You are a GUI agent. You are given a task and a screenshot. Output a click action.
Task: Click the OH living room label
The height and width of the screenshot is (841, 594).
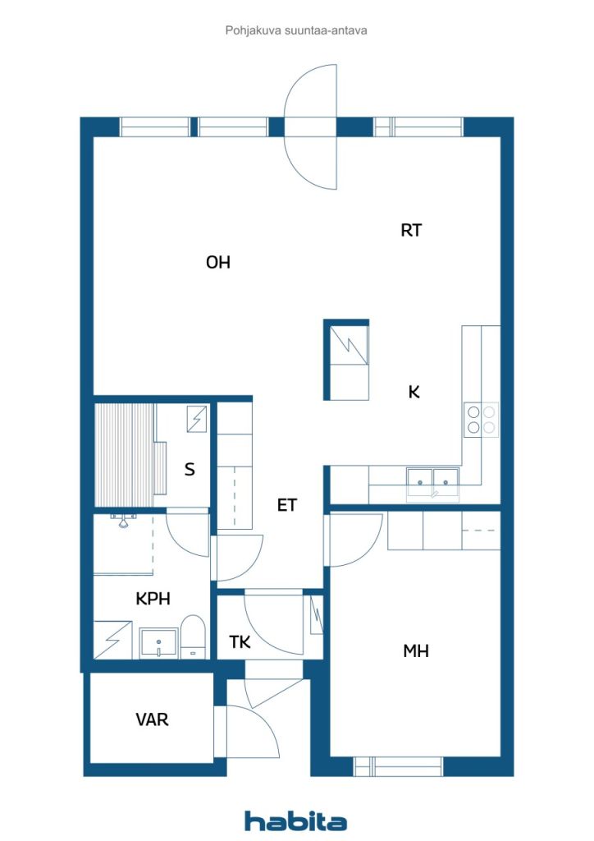tap(218, 262)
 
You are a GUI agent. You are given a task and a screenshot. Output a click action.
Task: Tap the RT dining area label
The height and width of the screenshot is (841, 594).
tap(411, 230)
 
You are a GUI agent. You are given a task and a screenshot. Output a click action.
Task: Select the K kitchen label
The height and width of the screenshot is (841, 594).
tap(414, 392)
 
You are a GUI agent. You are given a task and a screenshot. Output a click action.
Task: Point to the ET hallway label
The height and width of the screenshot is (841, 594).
tap(286, 505)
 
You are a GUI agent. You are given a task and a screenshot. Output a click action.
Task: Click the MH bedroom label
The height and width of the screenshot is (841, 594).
tap(416, 650)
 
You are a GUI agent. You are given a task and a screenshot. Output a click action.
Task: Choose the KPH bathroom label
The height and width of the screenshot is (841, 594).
tap(153, 599)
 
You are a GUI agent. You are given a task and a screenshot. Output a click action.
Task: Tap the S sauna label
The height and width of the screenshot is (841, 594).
tap(189, 469)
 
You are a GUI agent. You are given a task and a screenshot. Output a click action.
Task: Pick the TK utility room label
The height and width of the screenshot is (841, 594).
tap(240, 641)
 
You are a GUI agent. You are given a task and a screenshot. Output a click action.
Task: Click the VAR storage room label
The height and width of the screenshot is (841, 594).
tap(152, 719)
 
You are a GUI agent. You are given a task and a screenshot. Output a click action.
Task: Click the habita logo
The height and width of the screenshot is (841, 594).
tap(295, 821)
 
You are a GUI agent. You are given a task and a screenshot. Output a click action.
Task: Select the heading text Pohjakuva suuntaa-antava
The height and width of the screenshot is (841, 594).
tap(295, 30)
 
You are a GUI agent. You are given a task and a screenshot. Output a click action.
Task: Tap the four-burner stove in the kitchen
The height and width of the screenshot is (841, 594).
tap(481, 420)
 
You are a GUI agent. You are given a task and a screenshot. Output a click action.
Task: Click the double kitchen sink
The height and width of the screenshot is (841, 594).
tap(432, 485)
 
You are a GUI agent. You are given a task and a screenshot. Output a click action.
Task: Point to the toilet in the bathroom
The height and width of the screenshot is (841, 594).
tap(193, 637)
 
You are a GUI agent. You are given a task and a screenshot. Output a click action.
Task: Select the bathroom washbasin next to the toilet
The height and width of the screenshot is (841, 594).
tap(158, 643)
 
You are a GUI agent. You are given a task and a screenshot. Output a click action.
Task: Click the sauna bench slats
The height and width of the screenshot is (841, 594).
tap(125, 454)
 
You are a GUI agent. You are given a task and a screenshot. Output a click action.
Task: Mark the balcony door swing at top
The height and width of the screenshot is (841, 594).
tap(310, 126)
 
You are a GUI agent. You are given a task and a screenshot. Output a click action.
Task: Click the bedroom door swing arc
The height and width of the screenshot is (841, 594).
tap(355, 540)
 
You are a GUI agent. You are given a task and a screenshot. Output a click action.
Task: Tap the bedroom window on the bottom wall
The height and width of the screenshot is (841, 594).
tap(399, 766)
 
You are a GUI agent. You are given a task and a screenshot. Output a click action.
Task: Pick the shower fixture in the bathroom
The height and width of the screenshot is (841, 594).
tap(123, 520)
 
